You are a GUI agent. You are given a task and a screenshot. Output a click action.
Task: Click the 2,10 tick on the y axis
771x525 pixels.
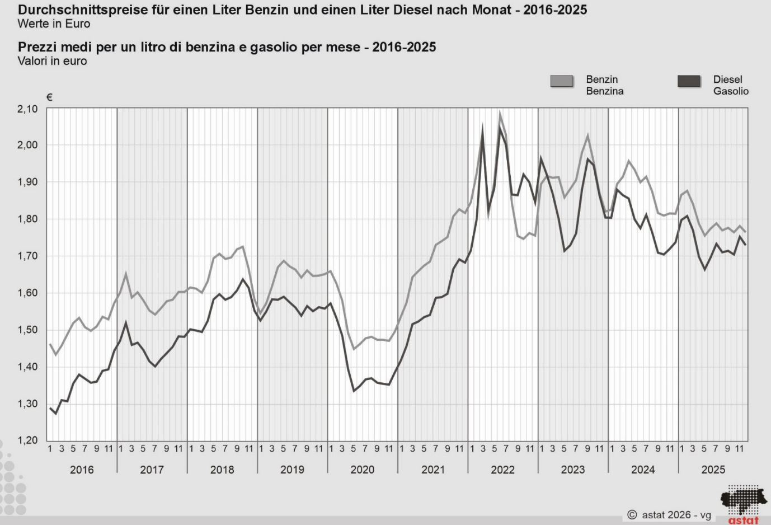27,109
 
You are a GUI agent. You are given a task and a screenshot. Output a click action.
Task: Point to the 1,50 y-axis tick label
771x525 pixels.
27,330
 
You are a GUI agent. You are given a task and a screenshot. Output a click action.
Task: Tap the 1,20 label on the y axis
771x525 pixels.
27,440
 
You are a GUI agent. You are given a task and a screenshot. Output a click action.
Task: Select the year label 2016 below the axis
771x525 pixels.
82,470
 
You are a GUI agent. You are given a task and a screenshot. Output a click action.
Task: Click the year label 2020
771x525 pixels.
363,470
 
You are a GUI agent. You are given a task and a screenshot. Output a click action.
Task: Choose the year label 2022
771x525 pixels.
502,470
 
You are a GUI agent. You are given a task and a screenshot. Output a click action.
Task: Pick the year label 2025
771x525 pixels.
713,470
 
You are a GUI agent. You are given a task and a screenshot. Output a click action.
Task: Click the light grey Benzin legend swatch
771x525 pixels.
562,82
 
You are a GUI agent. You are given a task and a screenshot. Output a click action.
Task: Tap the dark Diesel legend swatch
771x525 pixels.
689,82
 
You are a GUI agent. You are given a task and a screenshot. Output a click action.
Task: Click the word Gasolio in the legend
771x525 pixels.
731,91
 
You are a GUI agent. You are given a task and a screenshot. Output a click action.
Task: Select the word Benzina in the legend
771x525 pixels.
604,91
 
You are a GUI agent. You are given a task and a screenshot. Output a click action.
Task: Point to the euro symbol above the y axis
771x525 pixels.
49,97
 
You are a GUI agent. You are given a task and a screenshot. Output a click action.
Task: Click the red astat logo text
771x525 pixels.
743,520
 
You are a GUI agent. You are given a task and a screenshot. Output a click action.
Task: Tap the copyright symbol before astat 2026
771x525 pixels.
632,514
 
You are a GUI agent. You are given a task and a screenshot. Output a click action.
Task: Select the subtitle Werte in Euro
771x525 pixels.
54,24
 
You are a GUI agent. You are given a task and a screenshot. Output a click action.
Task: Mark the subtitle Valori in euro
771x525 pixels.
52,61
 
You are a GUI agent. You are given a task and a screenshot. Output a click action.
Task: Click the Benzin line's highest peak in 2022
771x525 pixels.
500,114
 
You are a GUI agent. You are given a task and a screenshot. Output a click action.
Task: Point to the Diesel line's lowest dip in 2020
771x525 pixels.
354,391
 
